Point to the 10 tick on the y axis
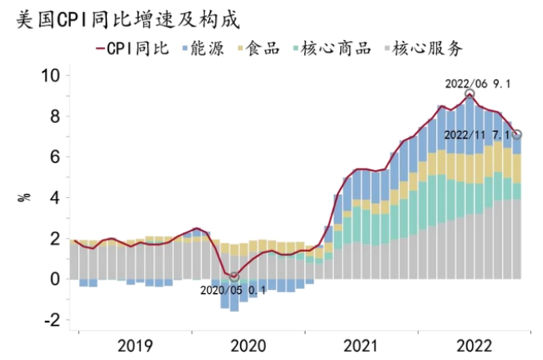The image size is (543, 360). coord(51,77)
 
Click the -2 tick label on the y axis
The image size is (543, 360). coord(52,320)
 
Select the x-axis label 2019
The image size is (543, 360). coord(135,346)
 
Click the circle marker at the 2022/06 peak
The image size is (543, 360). coord(470,94)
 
